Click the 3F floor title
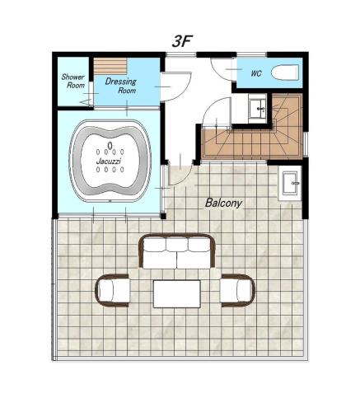[181, 41]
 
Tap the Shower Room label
[73, 81]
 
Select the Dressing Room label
[121, 86]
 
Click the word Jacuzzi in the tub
[109, 162]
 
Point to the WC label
[256, 73]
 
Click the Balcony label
[223, 203]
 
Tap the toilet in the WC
[285, 73]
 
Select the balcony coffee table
[177, 294]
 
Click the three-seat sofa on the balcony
[177, 250]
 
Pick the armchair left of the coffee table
[113, 290]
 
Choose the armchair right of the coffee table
[238, 290]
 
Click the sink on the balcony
[289, 183]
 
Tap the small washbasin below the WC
[257, 109]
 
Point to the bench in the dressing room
[110, 66]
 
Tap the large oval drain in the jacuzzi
[110, 145]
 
